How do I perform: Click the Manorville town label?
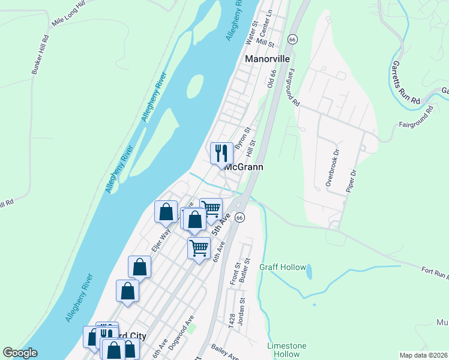click(267, 59)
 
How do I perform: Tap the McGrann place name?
click(244, 167)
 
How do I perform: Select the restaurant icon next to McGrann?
click(221, 153)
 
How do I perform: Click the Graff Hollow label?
click(283, 267)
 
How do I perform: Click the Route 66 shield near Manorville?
click(292, 39)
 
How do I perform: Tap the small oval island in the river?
click(194, 86)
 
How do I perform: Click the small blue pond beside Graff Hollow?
click(309, 272)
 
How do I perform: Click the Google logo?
click(20, 353)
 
